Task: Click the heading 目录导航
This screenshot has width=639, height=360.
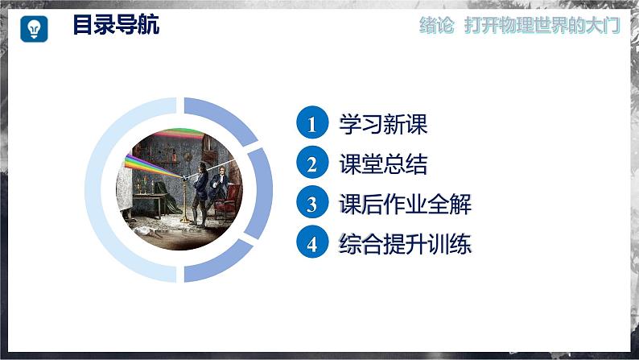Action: click(x=116, y=25)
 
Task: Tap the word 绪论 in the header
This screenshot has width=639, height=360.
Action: click(x=437, y=26)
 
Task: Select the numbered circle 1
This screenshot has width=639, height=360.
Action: click(x=311, y=124)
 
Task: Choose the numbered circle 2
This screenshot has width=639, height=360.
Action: click(x=311, y=164)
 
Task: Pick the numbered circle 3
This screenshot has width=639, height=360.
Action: click(x=311, y=205)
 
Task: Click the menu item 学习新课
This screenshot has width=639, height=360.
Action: click(x=383, y=124)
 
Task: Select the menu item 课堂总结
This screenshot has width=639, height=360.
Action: click(x=383, y=164)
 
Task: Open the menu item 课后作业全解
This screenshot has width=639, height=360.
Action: click(x=405, y=205)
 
